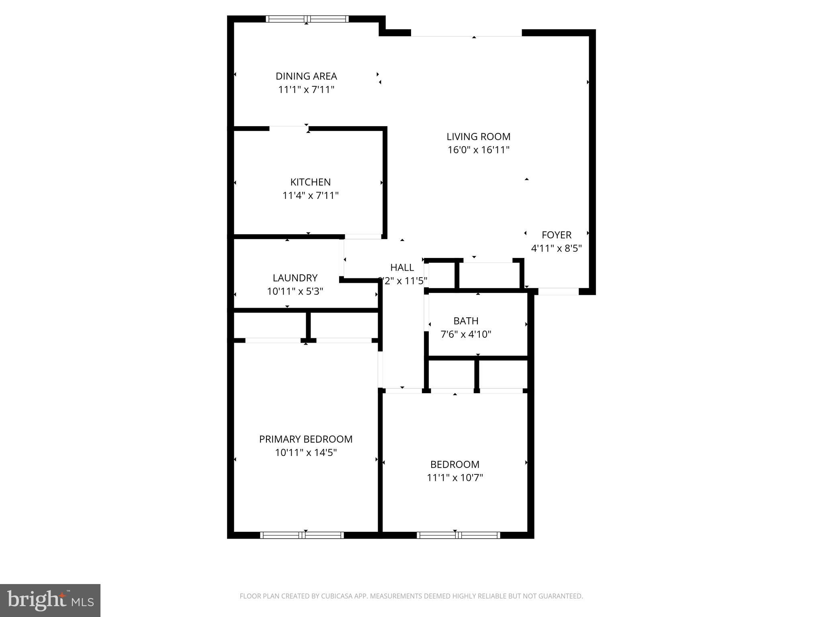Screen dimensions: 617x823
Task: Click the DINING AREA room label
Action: (x=306, y=76)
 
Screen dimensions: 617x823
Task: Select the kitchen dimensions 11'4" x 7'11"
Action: (x=310, y=196)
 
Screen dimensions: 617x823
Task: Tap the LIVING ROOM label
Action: (x=478, y=137)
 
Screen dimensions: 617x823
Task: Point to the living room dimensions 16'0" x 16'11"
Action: (x=478, y=150)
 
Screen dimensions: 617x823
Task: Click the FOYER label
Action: (x=556, y=235)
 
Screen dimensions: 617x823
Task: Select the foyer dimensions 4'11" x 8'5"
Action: (x=556, y=248)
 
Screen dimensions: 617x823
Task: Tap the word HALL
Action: (x=402, y=268)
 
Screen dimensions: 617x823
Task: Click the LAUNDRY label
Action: (x=295, y=278)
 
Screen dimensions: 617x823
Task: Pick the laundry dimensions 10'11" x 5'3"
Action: (x=295, y=291)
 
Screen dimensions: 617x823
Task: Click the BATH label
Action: (x=466, y=321)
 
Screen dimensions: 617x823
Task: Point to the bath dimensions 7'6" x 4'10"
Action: (x=466, y=334)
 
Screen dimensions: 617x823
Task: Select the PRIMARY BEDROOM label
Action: (x=305, y=439)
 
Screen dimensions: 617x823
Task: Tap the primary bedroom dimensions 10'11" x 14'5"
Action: (x=305, y=453)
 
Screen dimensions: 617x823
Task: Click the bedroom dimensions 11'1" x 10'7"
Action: (x=454, y=478)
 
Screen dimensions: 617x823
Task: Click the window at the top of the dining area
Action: (x=307, y=19)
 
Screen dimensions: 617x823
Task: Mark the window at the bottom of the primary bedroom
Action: (x=302, y=535)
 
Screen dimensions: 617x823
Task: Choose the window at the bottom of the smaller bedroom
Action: (x=458, y=535)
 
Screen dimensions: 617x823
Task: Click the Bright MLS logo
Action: (x=50, y=600)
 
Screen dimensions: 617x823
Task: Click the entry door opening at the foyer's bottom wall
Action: (x=558, y=292)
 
